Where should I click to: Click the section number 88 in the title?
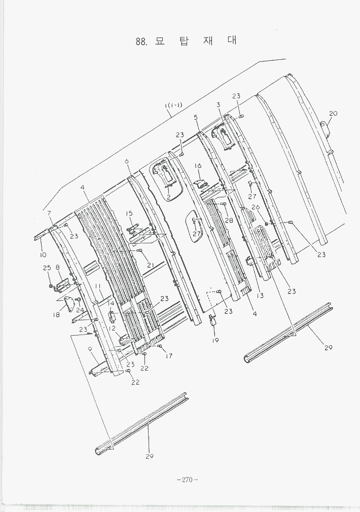141,42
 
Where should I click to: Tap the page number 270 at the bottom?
188,480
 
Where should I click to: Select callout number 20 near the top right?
333,114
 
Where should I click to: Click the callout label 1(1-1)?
173,105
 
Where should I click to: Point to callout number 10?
43,254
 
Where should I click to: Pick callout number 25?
47,268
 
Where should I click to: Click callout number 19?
215,340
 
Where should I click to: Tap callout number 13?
260,296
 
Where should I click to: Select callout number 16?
198,166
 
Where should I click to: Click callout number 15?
129,213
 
